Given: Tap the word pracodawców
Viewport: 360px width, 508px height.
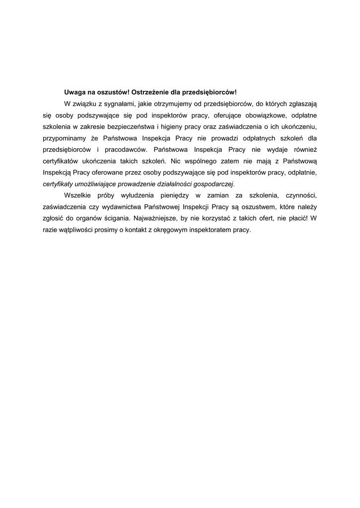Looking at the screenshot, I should click(128, 150).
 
